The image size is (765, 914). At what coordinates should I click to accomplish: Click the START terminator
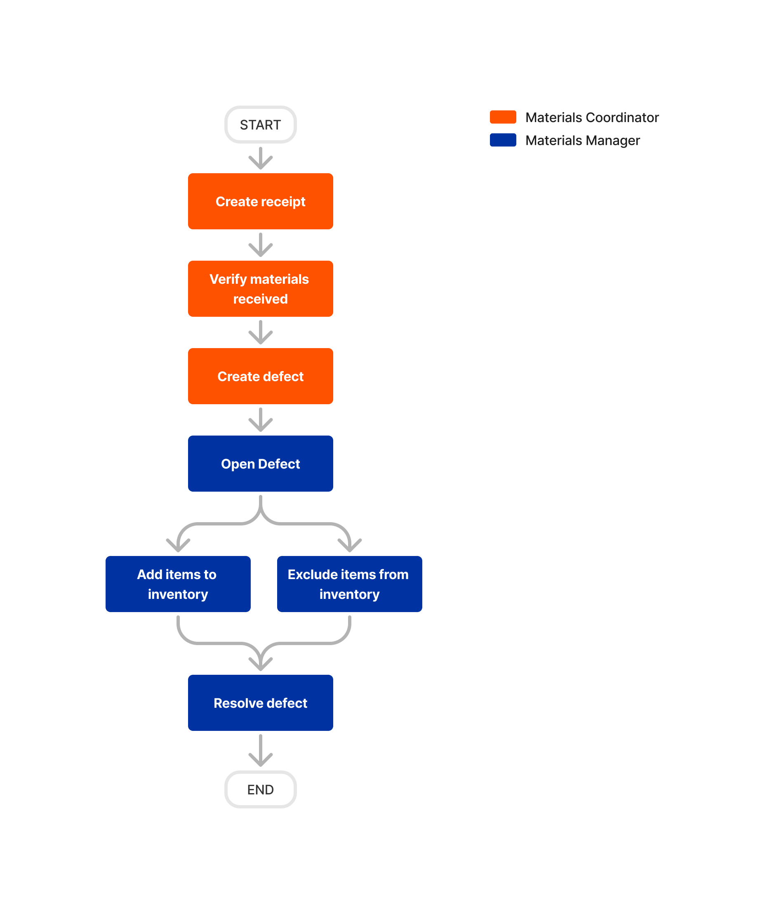(260, 125)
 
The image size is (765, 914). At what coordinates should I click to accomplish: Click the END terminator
(260, 789)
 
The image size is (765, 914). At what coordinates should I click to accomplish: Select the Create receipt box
(260, 201)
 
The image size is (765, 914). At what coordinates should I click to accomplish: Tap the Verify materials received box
(260, 289)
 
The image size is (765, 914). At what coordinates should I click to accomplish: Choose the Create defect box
(260, 376)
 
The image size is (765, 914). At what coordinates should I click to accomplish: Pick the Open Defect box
(260, 464)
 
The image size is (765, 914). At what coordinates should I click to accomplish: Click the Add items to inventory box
(178, 584)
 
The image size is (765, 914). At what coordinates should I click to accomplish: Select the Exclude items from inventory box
(349, 584)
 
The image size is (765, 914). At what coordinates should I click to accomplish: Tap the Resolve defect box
(260, 702)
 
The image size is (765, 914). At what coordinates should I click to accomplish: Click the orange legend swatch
(503, 117)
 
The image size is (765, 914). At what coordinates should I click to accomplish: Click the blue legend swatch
(503, 140)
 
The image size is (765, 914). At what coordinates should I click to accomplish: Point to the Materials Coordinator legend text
(592, 118)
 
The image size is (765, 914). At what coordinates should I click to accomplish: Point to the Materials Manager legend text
(582, 141)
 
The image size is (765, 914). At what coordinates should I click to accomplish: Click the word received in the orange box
(260, 299)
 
